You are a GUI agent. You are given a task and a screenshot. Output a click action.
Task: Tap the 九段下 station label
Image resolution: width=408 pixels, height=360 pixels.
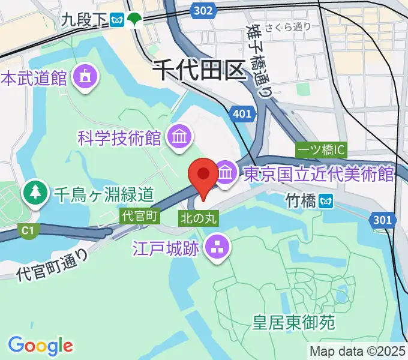(x=83, y=20)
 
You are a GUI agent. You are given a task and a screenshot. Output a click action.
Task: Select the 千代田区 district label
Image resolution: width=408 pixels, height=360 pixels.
(x=200, y=70)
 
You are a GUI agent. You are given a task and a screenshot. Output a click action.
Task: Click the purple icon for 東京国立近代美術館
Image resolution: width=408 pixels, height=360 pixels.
(x=226, y=173)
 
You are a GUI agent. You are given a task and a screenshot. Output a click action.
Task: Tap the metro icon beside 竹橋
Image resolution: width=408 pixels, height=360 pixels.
(x=327, y=200)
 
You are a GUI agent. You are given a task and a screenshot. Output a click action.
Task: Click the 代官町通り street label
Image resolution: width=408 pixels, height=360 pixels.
(x=52, y=265)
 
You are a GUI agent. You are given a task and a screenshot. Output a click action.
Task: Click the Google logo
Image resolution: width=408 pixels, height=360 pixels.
(x=40, y=345)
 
